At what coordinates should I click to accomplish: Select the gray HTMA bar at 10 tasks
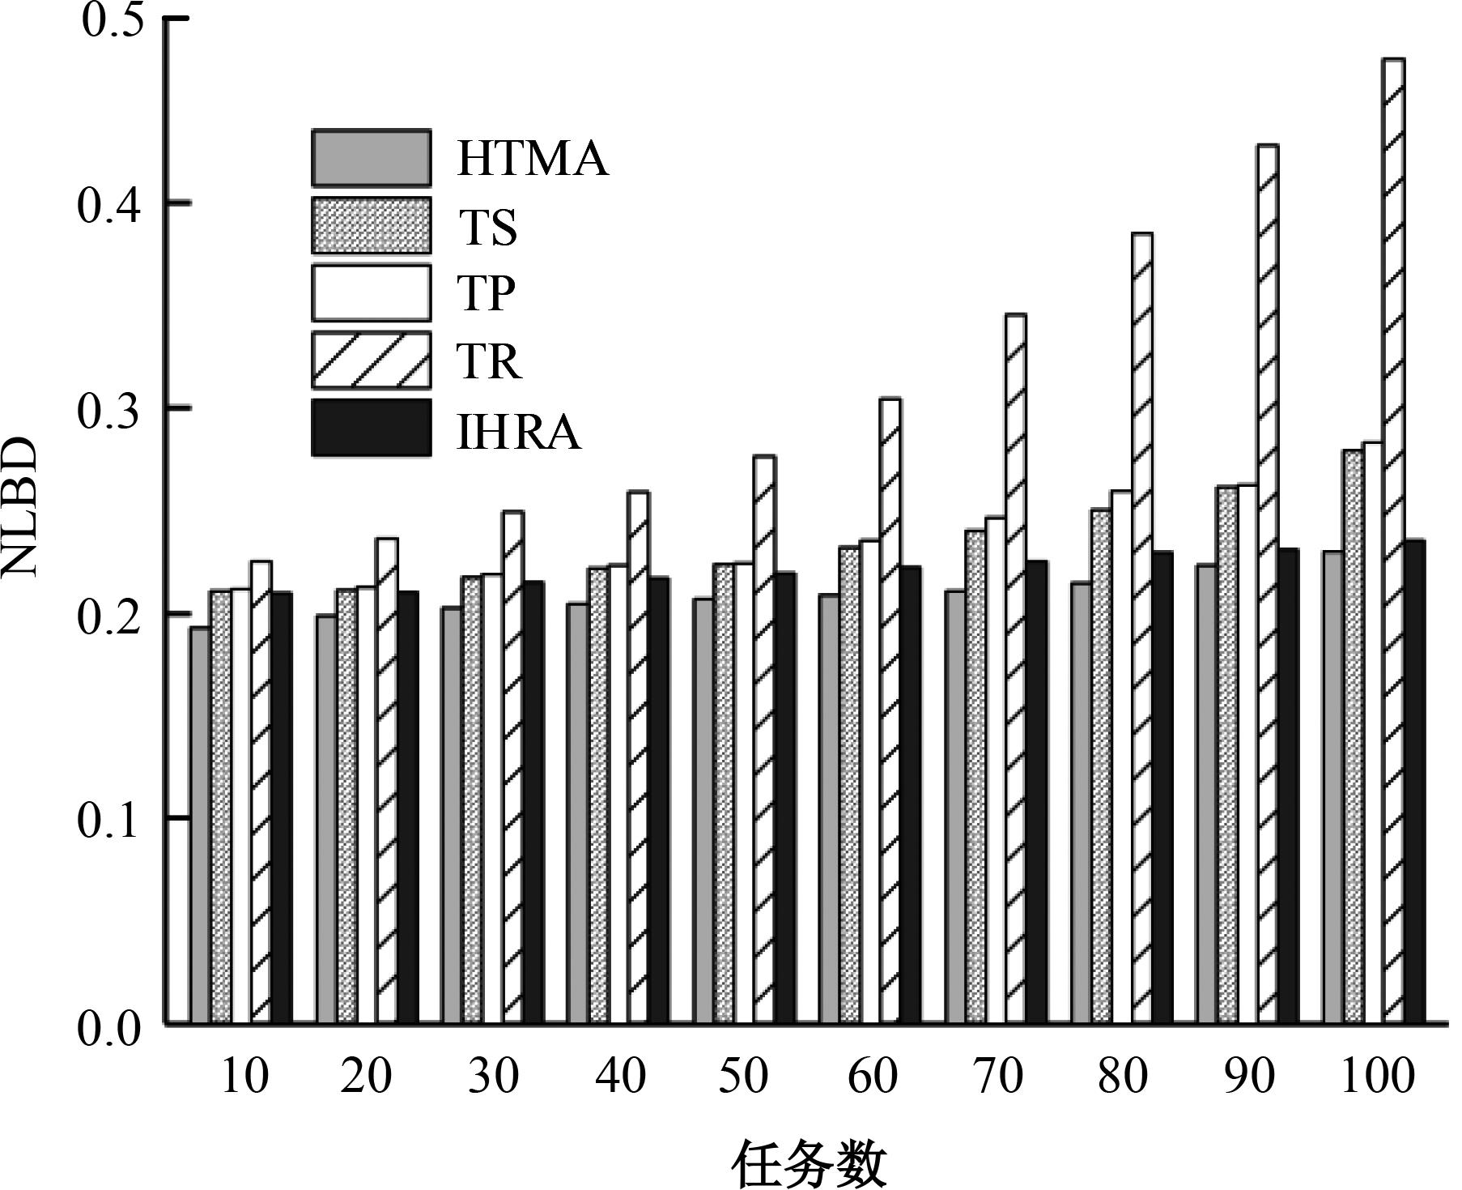pos(201,825)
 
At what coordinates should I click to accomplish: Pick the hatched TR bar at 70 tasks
pos(1015,668)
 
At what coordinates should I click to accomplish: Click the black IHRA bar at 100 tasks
pos(1414,782)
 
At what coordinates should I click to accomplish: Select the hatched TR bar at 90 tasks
pos(1267,584)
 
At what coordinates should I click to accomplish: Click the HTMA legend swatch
pos(371,158)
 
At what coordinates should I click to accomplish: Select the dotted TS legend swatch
pos(371,225)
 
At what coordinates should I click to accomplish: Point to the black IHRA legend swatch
pos(371,428)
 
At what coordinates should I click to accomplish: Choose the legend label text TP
pos(486,293)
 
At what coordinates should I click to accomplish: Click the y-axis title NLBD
pos(19,507)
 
